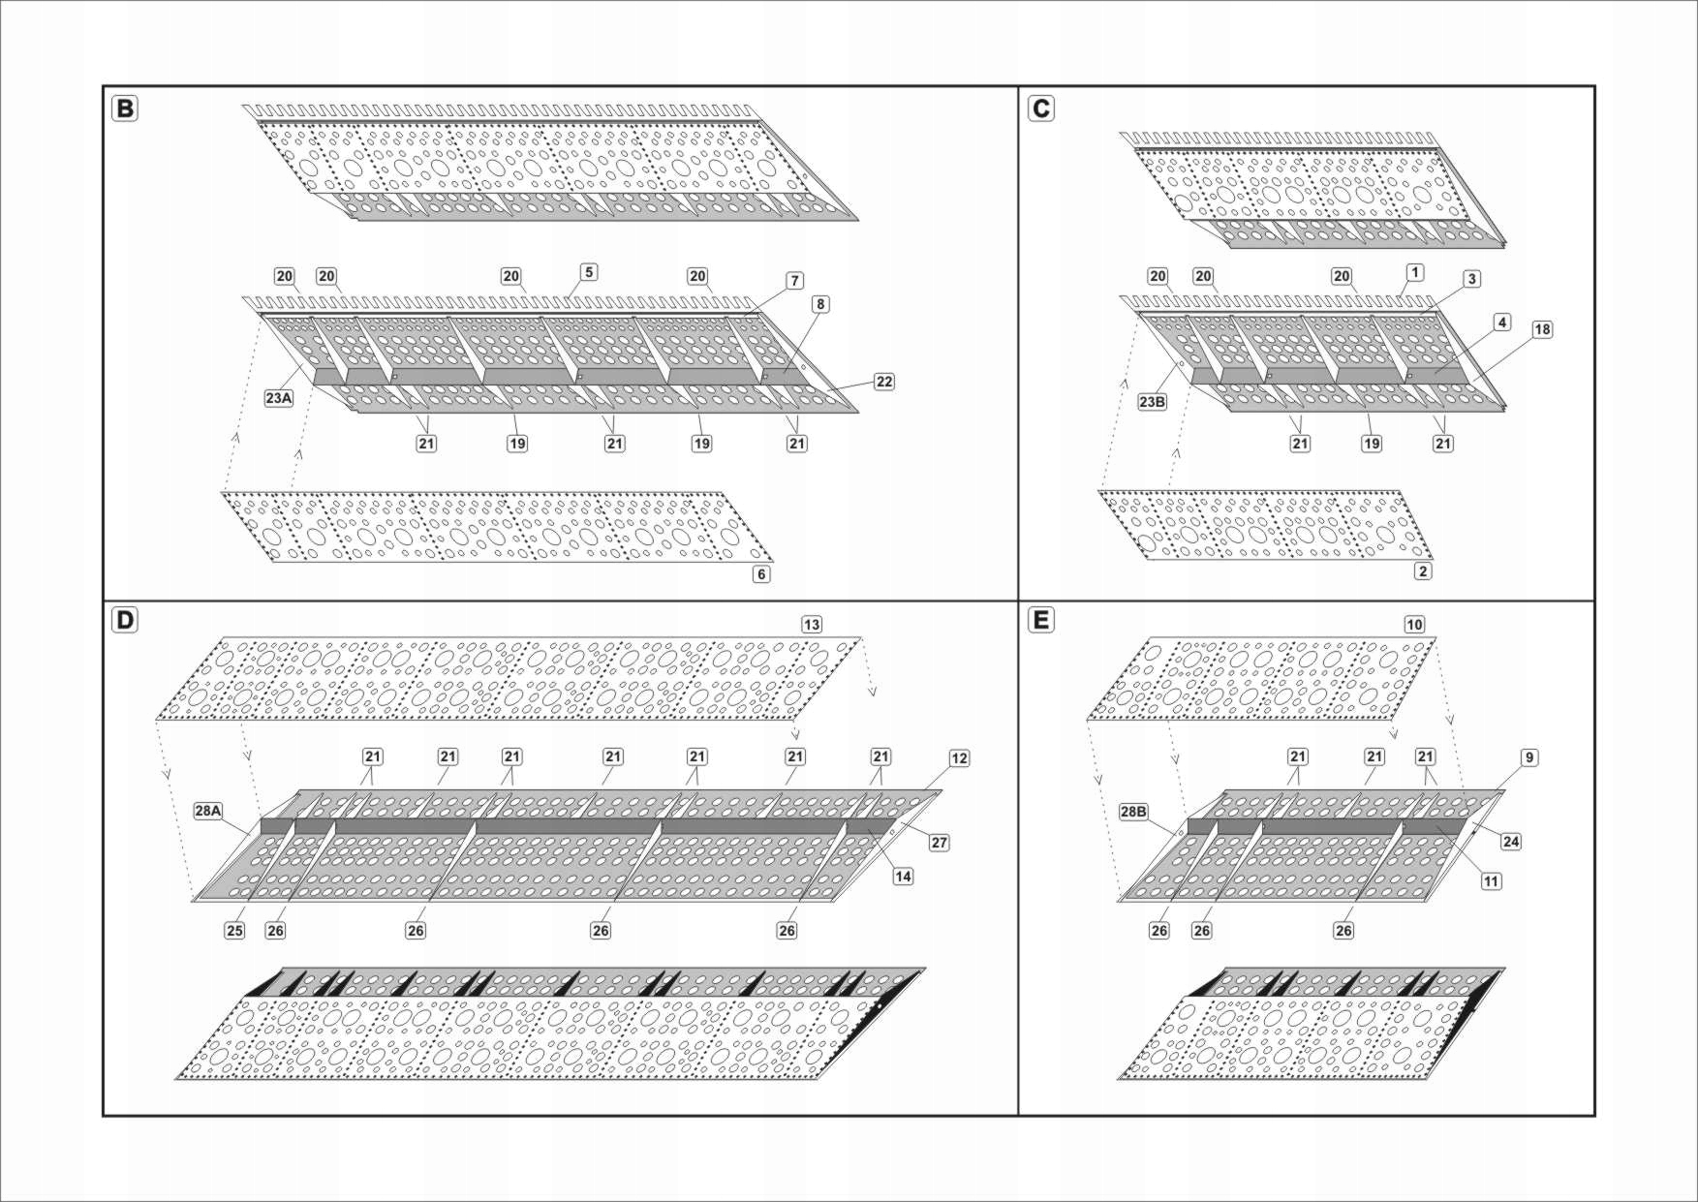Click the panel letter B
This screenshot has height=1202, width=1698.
click(125, 108)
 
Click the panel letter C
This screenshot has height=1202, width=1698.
click(1041, 108)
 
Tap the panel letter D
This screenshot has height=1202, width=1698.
click(125, 620)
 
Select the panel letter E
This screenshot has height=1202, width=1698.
click(1041, 620)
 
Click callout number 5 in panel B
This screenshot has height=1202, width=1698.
click(589, 272)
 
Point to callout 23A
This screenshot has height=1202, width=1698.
click(279, 397)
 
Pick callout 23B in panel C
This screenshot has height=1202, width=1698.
click(1152, 401)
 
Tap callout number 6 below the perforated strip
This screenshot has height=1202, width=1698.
click(762, 574)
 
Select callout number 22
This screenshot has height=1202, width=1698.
click(883, 382)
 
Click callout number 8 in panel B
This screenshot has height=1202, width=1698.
click(820, 304)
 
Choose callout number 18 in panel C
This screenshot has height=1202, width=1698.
click(1542, 329)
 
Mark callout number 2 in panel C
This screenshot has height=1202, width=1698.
click(1423, 571)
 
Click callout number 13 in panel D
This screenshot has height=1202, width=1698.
click(812, 625)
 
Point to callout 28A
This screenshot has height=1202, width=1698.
click(208, 811)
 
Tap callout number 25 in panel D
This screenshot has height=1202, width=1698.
click(234, 930)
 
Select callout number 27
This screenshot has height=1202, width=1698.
click(939, 843)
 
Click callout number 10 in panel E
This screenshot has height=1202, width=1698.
click(1414, 625)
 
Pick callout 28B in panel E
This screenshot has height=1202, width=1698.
click(1133, 812)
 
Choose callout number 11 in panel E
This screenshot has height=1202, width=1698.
click(1492, 881)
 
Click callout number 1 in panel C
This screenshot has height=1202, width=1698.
click(1415, 272)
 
